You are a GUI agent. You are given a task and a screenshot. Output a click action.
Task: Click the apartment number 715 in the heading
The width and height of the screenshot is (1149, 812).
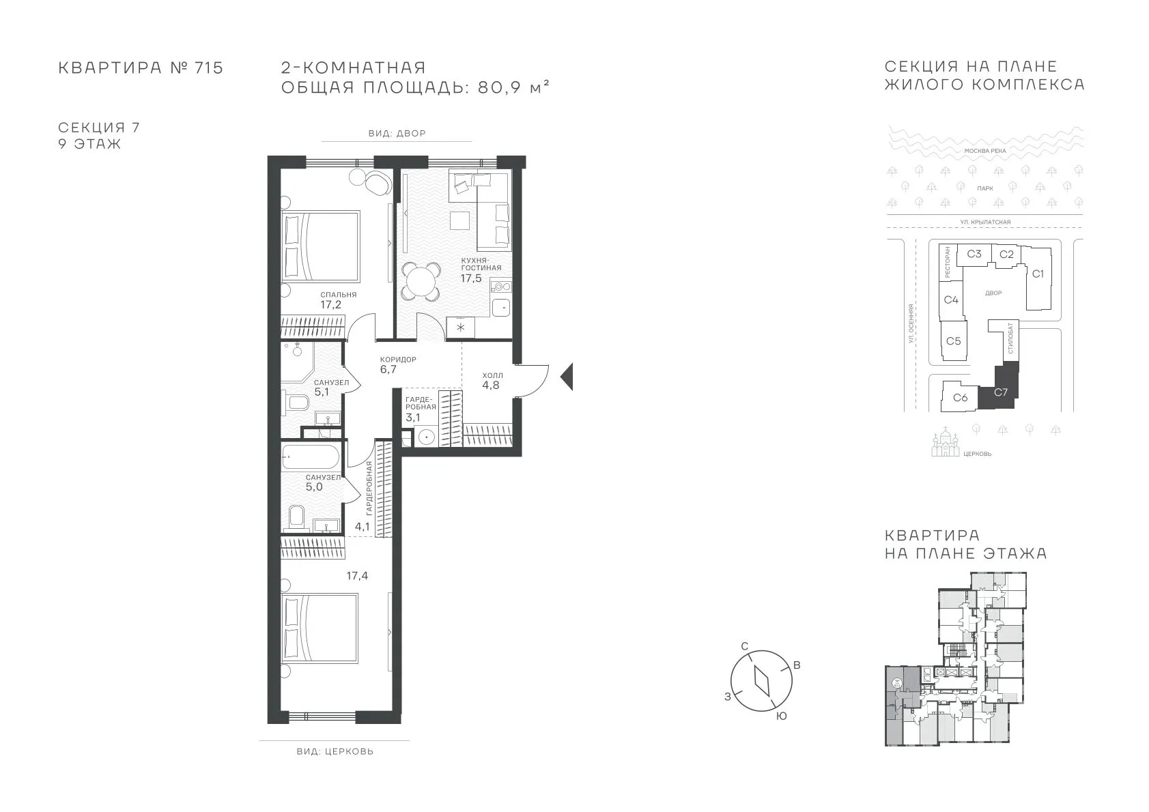coord(209,68)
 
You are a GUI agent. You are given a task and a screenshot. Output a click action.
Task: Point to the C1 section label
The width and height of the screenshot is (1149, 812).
coord(1038,274)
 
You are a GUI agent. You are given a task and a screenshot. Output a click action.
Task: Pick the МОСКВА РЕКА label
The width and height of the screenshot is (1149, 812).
coord(985,151)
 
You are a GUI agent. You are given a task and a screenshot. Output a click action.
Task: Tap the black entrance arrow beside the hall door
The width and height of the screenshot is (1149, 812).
coord(566,377)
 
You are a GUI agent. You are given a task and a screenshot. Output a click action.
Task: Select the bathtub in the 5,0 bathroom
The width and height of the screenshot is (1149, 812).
coord(310,456)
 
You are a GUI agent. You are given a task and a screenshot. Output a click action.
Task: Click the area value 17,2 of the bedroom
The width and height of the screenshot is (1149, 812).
coord(331,304)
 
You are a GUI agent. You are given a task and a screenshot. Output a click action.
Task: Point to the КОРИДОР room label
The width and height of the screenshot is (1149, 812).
coord(398,360)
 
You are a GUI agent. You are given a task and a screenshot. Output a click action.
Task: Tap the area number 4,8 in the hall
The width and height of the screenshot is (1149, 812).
coord(490,385)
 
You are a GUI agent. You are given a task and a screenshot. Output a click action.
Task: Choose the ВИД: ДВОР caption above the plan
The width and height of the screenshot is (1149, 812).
coord(397,133)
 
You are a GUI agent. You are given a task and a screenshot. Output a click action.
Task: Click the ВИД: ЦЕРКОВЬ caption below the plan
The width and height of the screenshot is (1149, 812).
coord(335,751)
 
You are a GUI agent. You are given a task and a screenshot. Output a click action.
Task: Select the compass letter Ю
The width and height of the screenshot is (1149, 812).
coord(781,716)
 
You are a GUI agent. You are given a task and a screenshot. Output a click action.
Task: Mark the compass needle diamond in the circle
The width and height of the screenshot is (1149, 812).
coord(762,681)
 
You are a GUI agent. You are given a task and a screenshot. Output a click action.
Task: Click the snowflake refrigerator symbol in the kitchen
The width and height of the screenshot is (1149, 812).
coord(461,328)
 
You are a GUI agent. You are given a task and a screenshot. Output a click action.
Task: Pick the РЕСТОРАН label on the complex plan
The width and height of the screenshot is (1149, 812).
coord(947,262)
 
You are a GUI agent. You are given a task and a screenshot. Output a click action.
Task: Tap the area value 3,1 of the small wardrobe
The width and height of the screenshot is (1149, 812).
coord(413,418)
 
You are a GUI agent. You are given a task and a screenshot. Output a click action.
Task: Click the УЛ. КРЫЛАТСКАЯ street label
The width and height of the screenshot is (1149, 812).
coord(985,222)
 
